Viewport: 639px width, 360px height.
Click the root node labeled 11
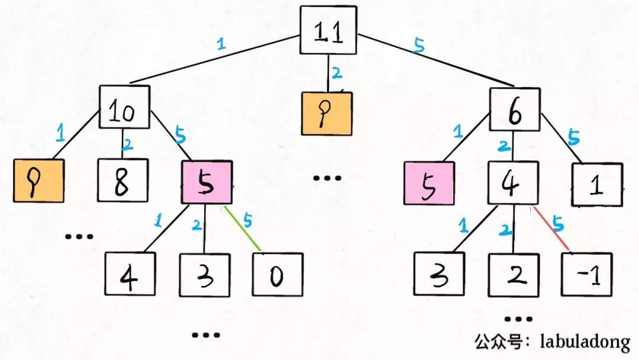(x=328, y=31)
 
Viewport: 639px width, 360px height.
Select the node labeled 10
(x=124, y=107)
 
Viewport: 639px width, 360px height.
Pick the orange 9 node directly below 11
(x=327, y=114)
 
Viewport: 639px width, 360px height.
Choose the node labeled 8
(x=122, y=181)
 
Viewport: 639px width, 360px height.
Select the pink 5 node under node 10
(x=205, y=182)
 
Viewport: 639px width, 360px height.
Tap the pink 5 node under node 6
(x=430, y=184)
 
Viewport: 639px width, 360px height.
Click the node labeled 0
(x=277, y=274)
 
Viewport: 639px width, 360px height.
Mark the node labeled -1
(x=586, y=275)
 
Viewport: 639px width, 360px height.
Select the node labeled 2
(x=514, y=275)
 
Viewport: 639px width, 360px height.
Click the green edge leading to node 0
(x=243, y=229)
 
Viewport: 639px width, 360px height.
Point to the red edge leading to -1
(x=551, y=229)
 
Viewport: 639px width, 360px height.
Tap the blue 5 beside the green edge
(x=247, y=220)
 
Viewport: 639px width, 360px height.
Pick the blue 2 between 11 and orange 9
(x=337, y=73)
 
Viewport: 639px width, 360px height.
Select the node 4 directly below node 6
(x=512, y=184)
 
